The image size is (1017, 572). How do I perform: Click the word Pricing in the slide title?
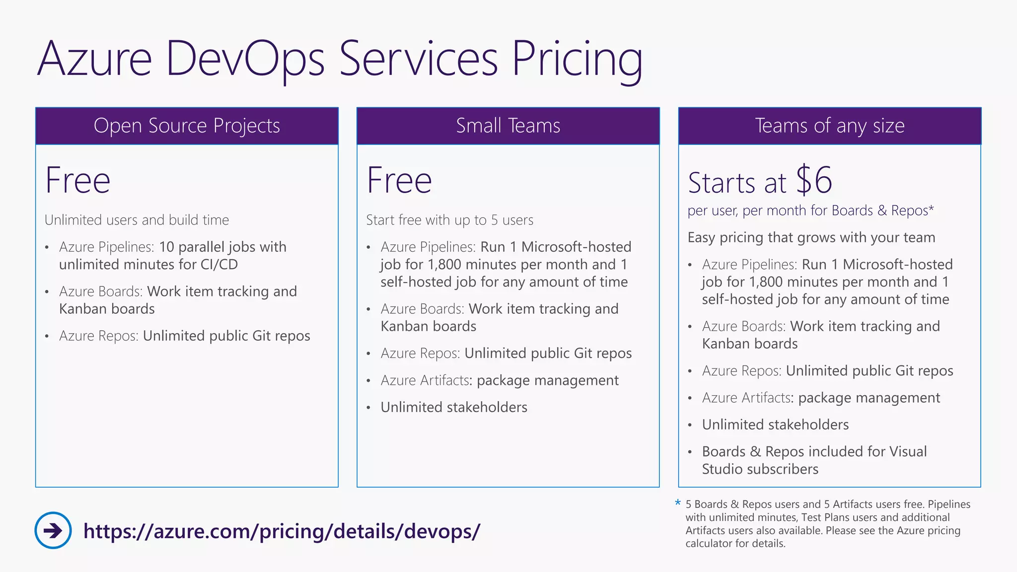(577, 60)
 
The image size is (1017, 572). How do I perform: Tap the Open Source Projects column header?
(187, 126)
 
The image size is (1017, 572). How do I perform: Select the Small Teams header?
(508, 126)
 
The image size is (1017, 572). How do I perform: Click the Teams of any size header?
(829, 126)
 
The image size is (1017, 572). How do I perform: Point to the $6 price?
(814, 180)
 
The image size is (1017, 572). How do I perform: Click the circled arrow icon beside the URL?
(53, 530)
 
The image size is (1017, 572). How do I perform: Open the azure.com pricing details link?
(282, 531)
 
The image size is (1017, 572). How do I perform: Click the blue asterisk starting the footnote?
(678, 503)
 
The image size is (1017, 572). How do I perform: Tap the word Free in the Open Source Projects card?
(77, 180)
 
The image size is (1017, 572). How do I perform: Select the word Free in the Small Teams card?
(399, 180)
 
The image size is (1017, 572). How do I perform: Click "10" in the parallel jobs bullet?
(166, 247)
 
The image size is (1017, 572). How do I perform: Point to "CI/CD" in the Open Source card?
(219, 264)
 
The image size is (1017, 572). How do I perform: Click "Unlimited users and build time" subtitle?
(137, 220)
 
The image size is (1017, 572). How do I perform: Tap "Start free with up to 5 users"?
(449, 220)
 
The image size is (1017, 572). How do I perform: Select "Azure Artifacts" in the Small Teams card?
(425, 380)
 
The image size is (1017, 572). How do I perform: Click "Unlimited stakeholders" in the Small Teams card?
(454, 407)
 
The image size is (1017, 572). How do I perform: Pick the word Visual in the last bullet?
(908, 451)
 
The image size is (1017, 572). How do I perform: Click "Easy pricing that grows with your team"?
(811, 237)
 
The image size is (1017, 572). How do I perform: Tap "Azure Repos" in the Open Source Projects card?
(98, 336)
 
